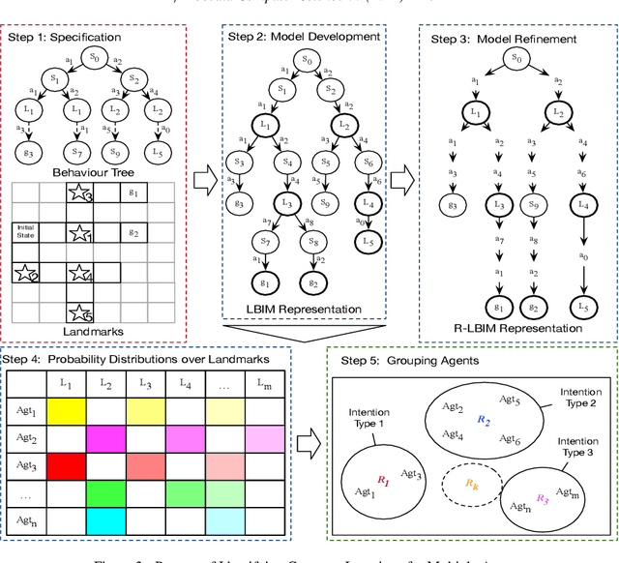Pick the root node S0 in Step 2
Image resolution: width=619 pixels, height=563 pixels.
coord(307,60)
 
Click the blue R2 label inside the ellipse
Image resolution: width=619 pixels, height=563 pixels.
coord(484,421)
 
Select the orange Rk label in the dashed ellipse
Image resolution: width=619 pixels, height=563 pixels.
coord(471,481)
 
